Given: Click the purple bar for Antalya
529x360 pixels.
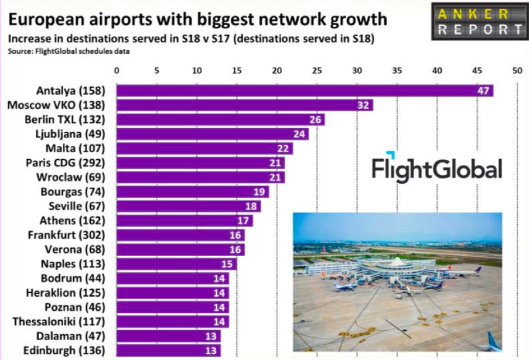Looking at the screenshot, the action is (x=305, y=91).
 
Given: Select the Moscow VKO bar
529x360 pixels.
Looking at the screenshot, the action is (x=245, y=105).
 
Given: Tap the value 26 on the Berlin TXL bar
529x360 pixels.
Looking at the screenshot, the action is (x=315, y=119).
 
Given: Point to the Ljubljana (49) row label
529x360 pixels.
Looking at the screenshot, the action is (x=70, y=134).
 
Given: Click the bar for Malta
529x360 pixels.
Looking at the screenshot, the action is (x=205, y=148).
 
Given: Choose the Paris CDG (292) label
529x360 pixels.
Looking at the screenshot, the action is (x=66, y=163).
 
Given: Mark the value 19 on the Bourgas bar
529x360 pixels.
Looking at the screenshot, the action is (x=259, y=192).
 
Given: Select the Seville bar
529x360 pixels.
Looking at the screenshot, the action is (x=189, y=206).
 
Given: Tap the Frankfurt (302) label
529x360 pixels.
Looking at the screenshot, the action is (x=66, y=235).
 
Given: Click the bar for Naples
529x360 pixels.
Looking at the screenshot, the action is (x=177, y=264).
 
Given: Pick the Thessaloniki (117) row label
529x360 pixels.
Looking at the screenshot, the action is (x=59, y=321).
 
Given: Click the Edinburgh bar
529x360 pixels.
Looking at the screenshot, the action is (x=169, y=351).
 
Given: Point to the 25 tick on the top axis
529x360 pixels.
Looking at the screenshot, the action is (x=317, y=70).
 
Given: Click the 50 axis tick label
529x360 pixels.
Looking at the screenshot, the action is (x=517, y=70).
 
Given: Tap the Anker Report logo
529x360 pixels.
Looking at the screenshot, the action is (x=480, y=22).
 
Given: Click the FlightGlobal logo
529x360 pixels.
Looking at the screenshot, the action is (x=437, y=167).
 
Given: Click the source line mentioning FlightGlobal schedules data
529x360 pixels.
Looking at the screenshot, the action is (x=69, y=52).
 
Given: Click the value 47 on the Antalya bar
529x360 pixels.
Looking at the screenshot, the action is (x=483, y=91).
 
